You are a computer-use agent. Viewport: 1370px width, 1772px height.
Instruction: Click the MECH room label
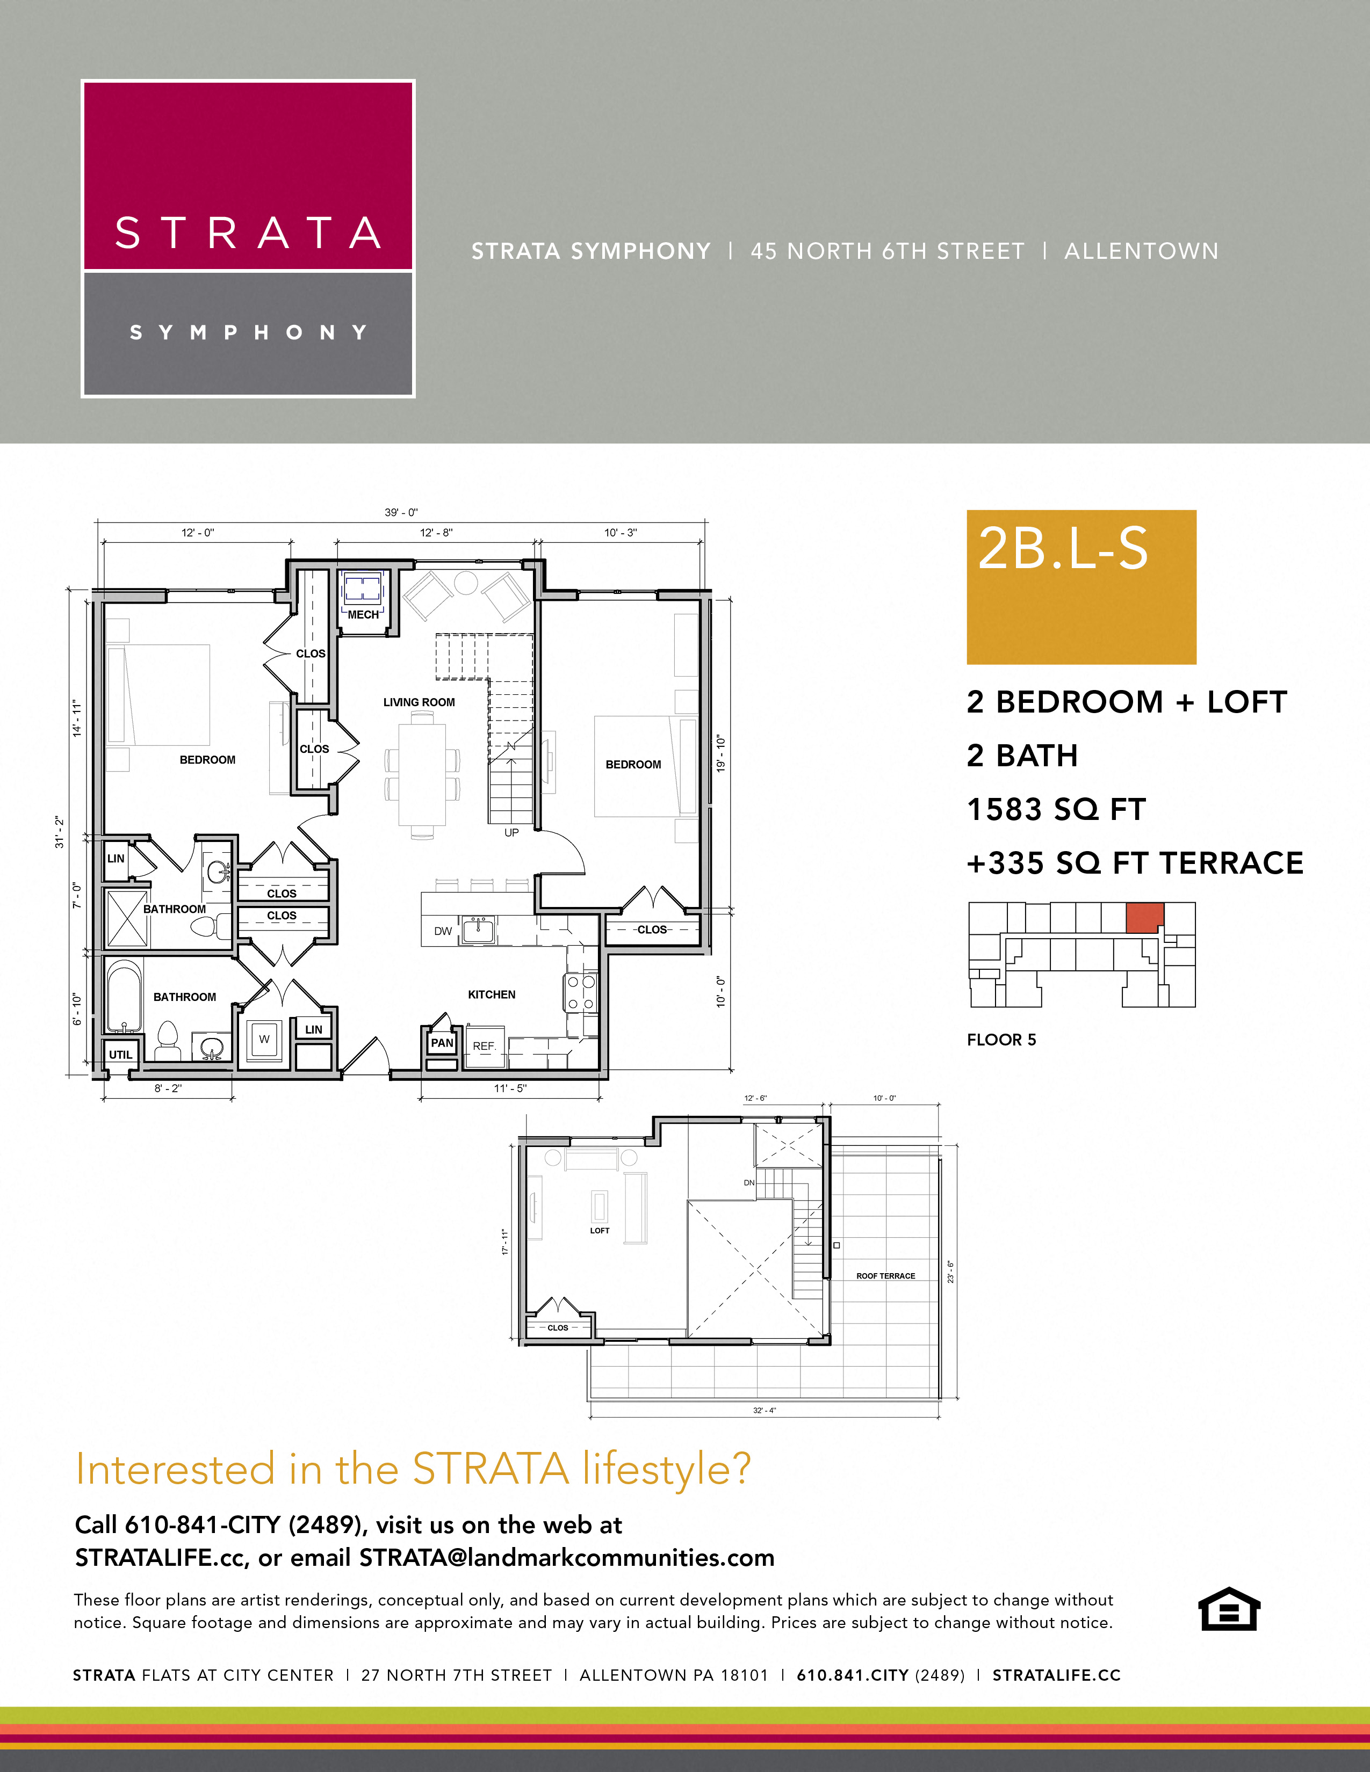tap(363, 614)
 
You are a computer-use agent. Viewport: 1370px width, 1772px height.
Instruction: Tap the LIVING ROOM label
tap(419, 702)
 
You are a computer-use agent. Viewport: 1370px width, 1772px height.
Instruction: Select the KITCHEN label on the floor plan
tap(491, 994)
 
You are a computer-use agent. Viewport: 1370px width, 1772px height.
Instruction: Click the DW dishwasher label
tap(442, 931)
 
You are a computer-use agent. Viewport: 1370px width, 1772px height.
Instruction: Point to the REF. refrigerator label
tap(484, 1046)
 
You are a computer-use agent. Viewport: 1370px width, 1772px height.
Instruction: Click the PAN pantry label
tap(442, 1043)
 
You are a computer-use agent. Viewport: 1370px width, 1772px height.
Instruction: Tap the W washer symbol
tap(264, 1038)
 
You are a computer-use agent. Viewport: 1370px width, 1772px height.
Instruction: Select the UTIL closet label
tap(120, 1054)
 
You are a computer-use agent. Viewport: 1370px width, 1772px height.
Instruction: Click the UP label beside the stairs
tap(511, 832)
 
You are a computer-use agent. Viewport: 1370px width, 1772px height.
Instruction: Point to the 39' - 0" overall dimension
tap(401, 512)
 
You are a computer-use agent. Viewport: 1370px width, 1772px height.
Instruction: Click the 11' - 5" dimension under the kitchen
tap(510, 1088)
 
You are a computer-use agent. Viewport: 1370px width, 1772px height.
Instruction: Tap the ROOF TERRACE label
tap(885, 1275)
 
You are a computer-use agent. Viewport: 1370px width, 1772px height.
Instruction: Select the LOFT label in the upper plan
tap(599, 1230)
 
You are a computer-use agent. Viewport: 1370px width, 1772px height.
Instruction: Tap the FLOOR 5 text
tap(1001, 1040)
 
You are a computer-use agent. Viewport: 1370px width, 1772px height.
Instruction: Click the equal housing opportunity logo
tap(1229, 1608)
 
